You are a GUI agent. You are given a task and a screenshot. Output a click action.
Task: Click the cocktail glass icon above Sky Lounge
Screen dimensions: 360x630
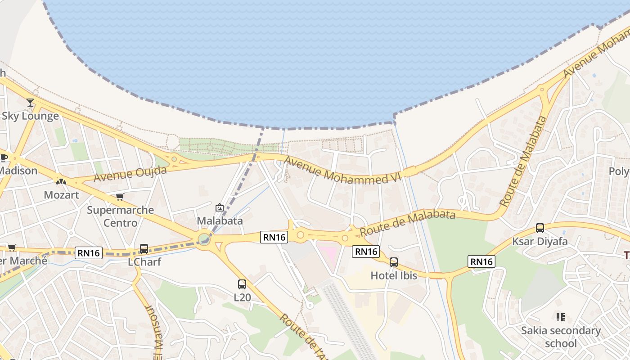point(30,103)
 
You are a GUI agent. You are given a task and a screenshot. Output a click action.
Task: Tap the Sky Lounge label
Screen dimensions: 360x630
point(30,116)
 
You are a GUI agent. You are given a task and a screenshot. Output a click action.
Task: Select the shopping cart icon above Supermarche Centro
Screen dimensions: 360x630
point(120,197)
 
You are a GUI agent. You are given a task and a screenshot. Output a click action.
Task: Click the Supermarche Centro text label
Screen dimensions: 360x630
point(120,216)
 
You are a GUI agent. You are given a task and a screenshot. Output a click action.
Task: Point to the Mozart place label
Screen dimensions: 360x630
point(61,195)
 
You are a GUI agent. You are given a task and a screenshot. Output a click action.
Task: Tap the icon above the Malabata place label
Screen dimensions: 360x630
point(220,207)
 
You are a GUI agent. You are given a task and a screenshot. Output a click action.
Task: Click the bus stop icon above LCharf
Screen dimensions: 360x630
point(144,248)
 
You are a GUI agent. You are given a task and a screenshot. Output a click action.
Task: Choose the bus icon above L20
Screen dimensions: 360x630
point(242,284)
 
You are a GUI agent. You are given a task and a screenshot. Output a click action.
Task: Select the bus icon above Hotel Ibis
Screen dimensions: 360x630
point(394,262)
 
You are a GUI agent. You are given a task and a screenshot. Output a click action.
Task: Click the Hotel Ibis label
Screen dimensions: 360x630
point(394,275)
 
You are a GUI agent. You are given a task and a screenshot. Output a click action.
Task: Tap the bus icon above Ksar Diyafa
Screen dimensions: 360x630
point(540,228)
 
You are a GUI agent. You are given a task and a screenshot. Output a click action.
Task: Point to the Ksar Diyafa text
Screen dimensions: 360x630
point(540,242)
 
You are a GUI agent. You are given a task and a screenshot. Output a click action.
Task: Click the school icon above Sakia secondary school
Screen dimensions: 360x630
point(560,317)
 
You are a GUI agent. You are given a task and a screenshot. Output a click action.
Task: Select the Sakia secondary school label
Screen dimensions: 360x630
point(561,337)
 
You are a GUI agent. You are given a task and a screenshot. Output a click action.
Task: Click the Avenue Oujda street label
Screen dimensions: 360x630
point(130,174)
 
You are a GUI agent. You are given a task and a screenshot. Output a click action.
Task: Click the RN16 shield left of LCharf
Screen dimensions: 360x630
point(89,253)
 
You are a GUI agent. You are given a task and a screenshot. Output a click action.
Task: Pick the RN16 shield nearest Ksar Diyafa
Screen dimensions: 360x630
point(481,261)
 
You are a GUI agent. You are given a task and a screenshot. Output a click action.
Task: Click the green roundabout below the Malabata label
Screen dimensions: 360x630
point(204,237)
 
